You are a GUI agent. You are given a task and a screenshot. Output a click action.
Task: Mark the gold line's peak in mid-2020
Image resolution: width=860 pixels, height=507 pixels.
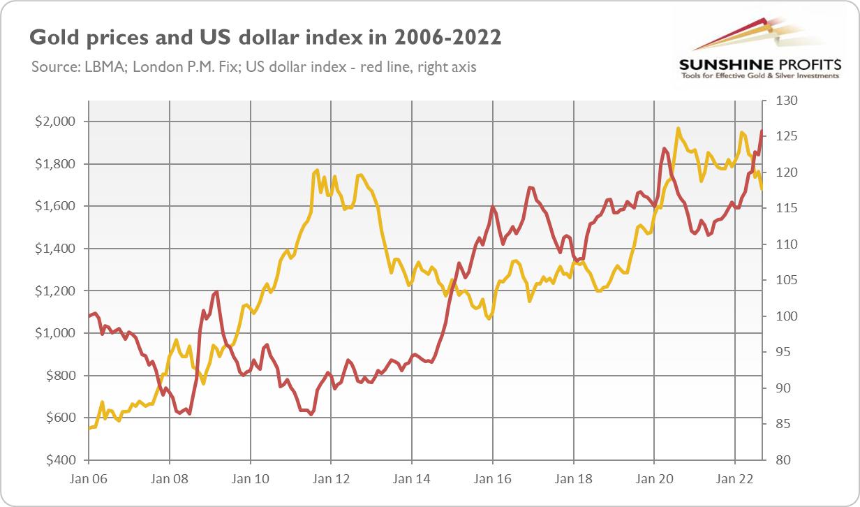(x=678, y=128)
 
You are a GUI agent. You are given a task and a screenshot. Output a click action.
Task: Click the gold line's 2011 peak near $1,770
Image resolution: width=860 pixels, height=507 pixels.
(x=317, y=170)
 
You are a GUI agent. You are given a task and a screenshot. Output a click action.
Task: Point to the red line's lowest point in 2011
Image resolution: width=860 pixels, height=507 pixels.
(x=311, y=414)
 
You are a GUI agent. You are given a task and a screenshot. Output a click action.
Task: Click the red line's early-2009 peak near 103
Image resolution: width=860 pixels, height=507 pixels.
(x=217, y=292)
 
